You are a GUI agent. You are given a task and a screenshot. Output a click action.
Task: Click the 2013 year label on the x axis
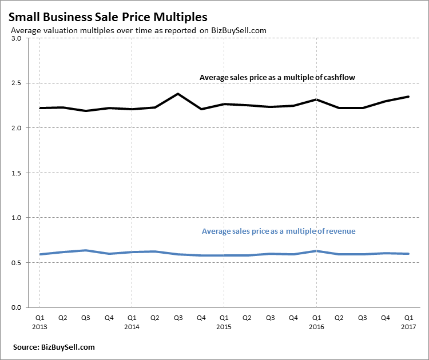(x=39, y=327)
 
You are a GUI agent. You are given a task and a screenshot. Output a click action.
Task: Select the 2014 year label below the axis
(x=132, y=327)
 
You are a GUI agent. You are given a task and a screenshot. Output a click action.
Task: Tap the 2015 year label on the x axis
(x=224, y=327)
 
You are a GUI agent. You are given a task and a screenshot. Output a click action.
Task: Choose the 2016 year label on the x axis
(x=316, y=327)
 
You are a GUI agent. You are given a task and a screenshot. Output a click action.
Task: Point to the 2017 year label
(x=408, y=327)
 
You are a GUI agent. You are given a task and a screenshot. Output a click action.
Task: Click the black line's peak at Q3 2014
(x=178, y=94)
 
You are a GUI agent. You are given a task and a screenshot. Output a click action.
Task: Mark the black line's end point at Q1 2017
(x=408, y=97)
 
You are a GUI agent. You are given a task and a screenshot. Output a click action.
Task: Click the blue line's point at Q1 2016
(x=316, y=251)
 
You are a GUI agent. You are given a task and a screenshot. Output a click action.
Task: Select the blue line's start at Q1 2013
(x=39, y=254)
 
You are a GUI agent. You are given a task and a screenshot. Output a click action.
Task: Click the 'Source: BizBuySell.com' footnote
(x=54, y=347)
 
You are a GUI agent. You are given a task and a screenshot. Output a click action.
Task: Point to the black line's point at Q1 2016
(x=316, y=99)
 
